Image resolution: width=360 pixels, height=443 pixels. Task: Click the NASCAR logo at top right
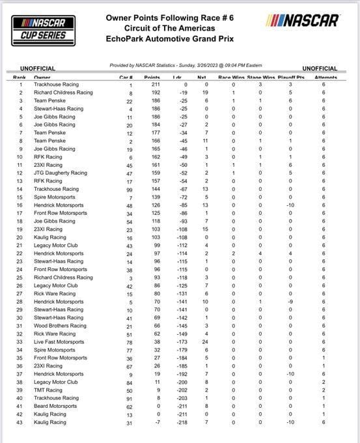tap(304, 21)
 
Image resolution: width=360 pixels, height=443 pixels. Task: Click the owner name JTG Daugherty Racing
tap(61, 173)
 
